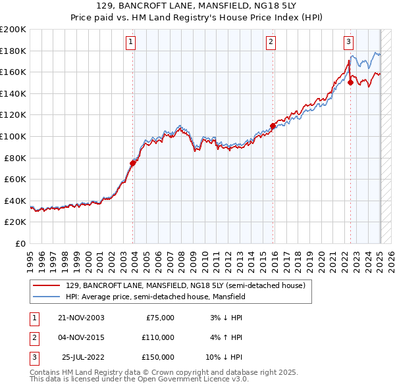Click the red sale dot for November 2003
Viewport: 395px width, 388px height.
pyautogui.click(x=133, y=162)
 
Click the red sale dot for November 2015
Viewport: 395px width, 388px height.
pyautogui.click(x=273, y=126)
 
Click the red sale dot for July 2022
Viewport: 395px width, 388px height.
pyautogui.click(x=350, y=82)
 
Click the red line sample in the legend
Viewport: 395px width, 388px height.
pyautogui.click(x=47, y=286)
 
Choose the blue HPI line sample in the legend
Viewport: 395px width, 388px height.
pyautogui.click(x=47, y=297)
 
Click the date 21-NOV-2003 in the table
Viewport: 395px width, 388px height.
pyautogui.click(x=82, y=318)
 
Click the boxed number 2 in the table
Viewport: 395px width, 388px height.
pyautogui.click(x=34, y=337)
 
